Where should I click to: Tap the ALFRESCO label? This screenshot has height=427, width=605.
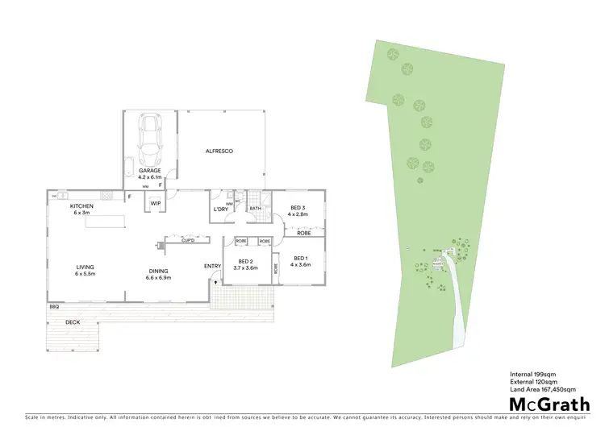coord(219,151)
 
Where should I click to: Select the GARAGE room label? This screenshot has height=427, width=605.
coord(150,171)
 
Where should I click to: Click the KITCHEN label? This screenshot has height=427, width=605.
coord(82,206)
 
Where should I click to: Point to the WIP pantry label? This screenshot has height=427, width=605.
coord(155,203)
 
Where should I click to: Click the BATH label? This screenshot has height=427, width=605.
coord(255,209)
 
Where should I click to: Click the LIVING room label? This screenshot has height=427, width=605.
coord(86,267)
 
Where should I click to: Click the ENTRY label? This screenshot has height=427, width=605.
coord(212,266)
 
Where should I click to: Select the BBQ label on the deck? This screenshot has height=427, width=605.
coord(54,307)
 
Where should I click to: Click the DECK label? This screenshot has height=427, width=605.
coord(73,323)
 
